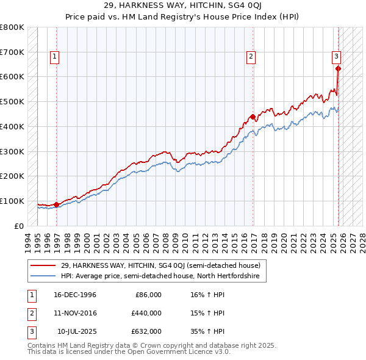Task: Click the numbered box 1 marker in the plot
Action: click(54, 57)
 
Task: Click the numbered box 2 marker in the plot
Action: click(251, 57)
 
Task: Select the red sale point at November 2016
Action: click(253, 117)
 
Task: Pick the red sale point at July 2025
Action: click(339, 68)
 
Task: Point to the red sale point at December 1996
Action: click(57, 204)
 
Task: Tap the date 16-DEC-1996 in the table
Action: click(75, 295)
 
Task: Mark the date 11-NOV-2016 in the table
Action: click(75, 313)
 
